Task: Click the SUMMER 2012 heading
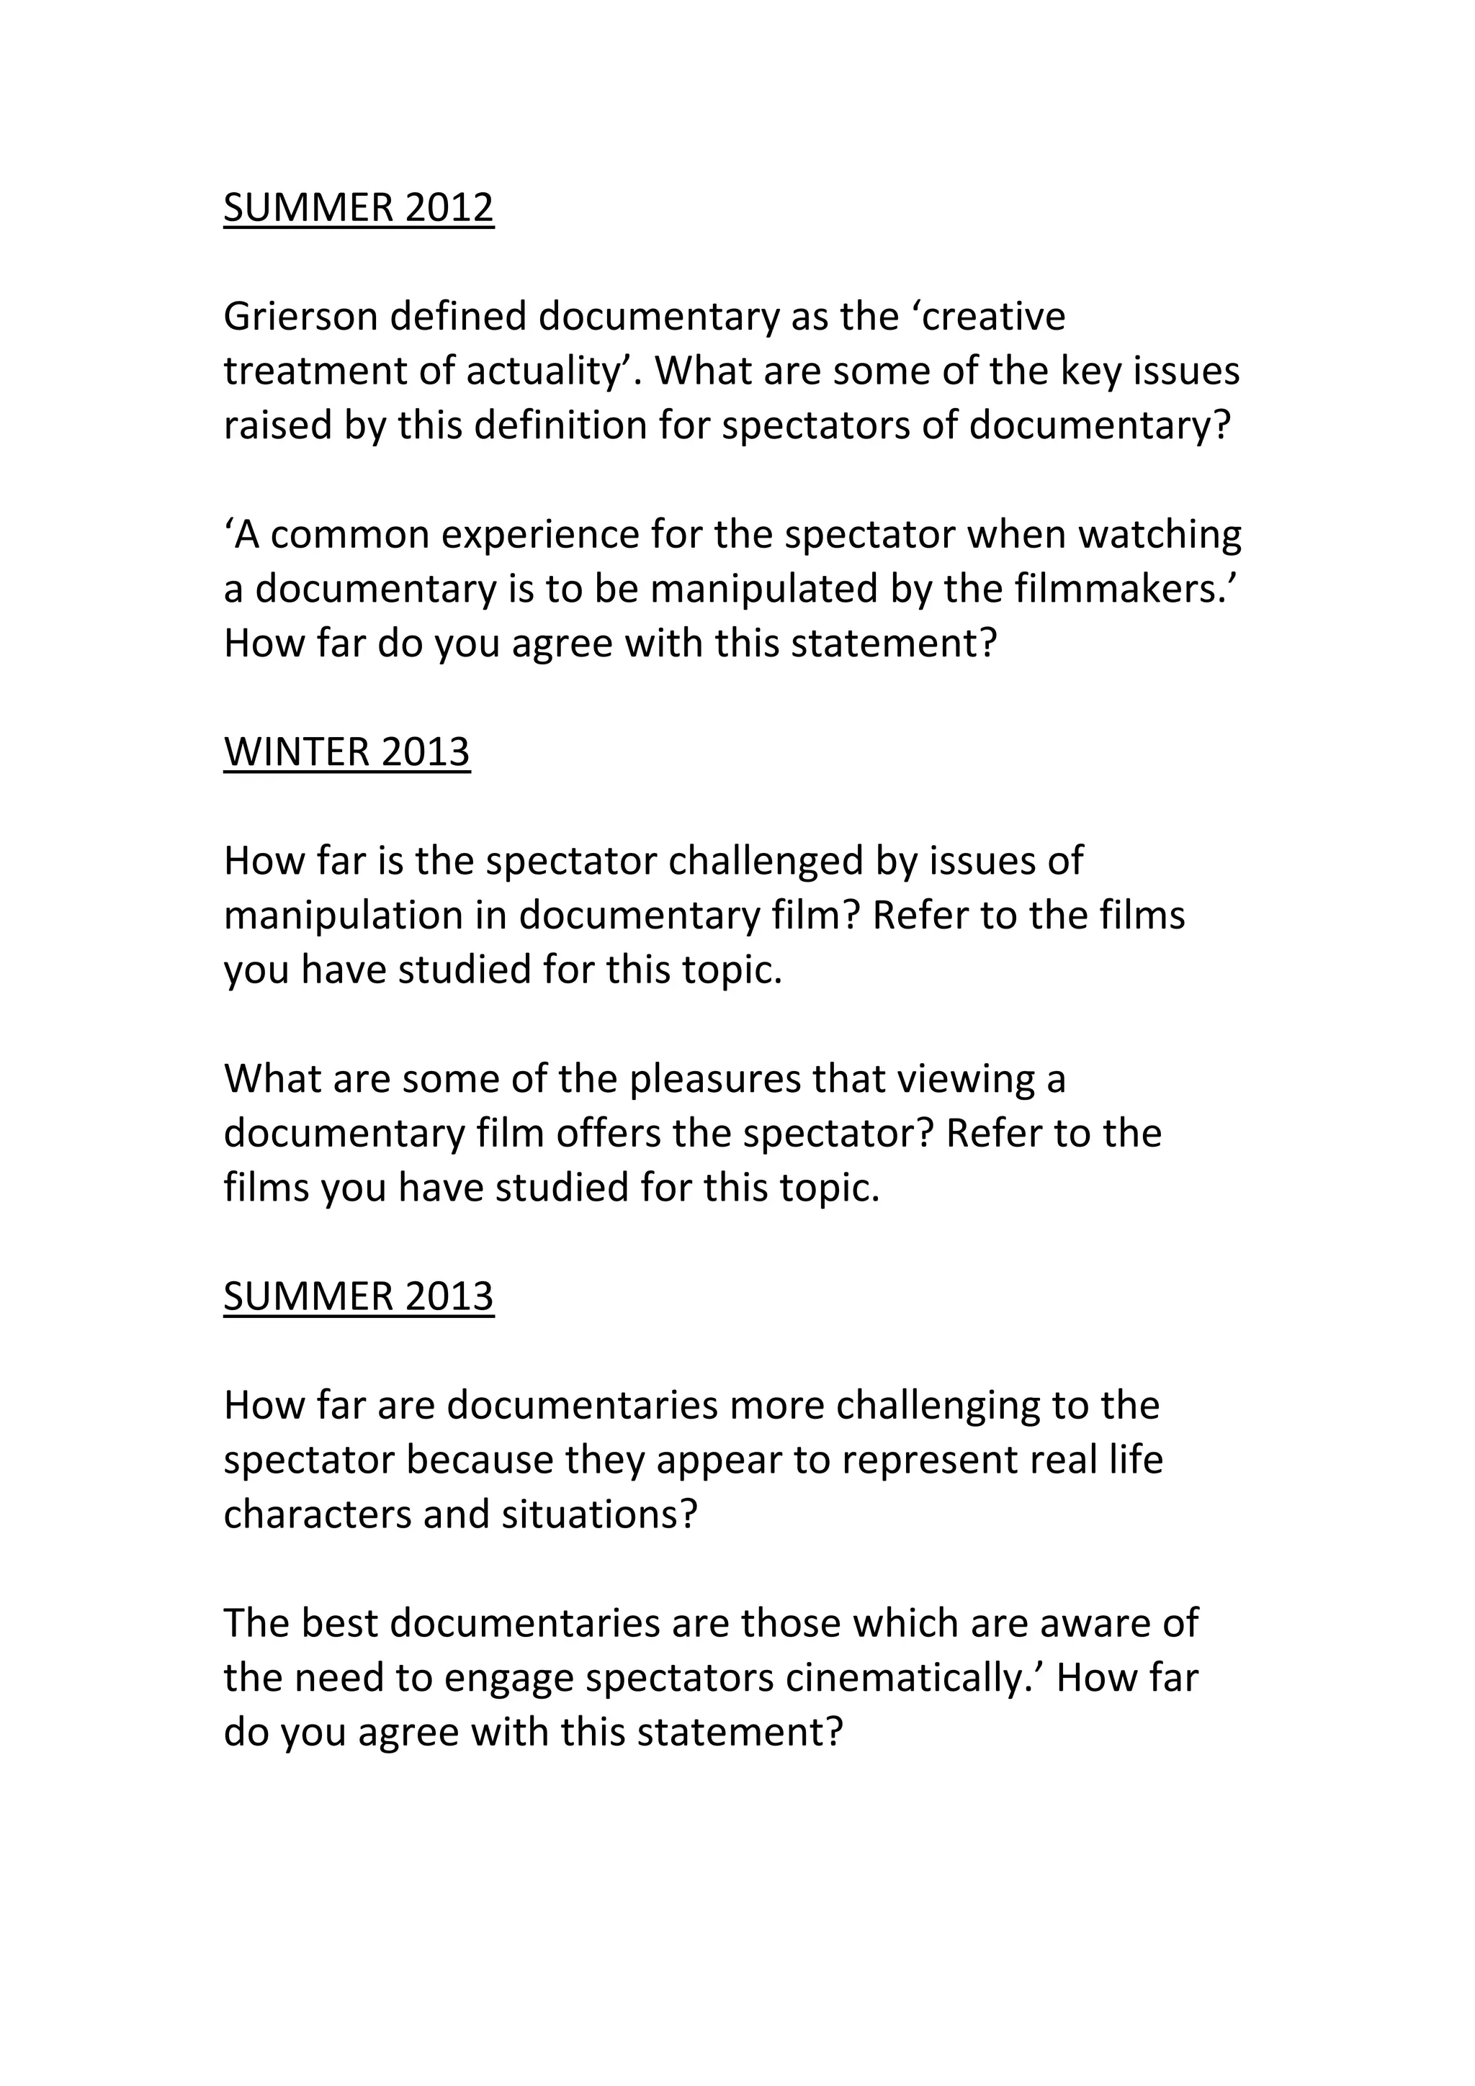[x=358, y=208]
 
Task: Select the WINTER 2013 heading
[x=346, y=752]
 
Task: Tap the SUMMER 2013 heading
[x=358, y=1296]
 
